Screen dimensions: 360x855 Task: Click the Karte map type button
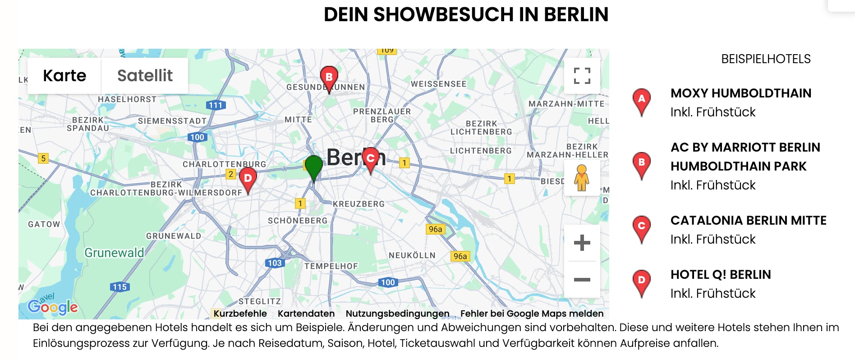[64, 76]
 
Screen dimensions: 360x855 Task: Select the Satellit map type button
[145, 76]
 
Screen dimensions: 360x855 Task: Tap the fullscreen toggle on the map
[582, 76]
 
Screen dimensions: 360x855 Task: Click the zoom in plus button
[582, 243]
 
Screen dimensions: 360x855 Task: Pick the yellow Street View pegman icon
[581, 178]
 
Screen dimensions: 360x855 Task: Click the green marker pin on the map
[314, 166]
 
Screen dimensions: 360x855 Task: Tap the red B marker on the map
[329, 78]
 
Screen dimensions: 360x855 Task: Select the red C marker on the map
[371, 158]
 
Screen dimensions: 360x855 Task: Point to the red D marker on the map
[248, 178]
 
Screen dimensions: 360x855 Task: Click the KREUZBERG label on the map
[359, 204]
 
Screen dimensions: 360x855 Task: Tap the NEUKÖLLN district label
[412, 255]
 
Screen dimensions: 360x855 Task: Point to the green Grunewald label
[114, 253]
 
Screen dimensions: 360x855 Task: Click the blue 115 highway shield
[120, 287]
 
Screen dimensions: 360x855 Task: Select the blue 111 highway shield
[216, 105]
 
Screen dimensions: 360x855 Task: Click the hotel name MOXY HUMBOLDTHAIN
[740, 93]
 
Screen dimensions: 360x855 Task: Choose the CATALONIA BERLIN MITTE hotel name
[748, 221]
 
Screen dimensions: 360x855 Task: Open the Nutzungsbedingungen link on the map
[397, 314]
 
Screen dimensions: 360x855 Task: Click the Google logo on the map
[53, 307]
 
